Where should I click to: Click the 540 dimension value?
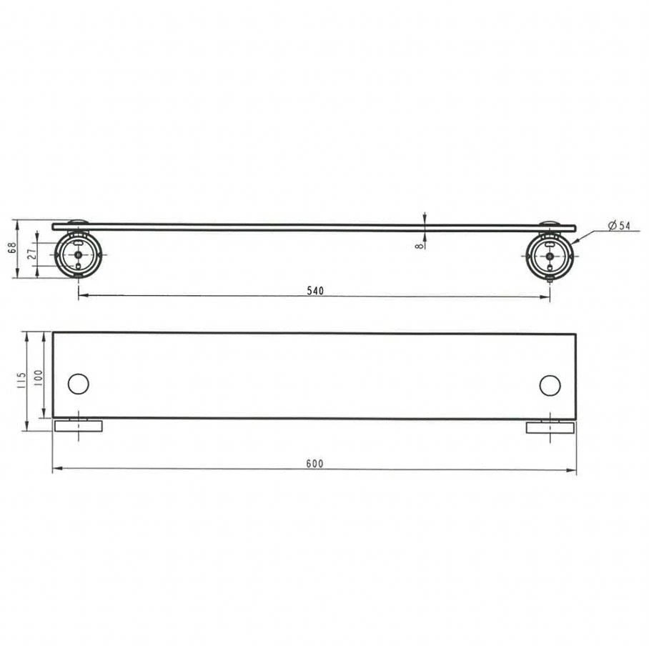pyautogui.click(x=315, y=291)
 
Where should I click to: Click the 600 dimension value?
pyautogui.click(x=315, y=464)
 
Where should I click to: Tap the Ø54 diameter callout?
pyautogui.click(x=619, y=226)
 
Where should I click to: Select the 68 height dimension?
pyautogui.click(x=12, y=247)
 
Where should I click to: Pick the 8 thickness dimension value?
pyautogui.click(x=420, y=245)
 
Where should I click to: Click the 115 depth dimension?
pyautogui.click(x=22, y=380)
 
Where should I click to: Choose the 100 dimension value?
pyautogui.click(x=38, y=378)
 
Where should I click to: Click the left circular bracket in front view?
pyautogui.click(x=78, y=254)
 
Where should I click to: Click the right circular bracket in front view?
pyautogui.click(x=550, y=257)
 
